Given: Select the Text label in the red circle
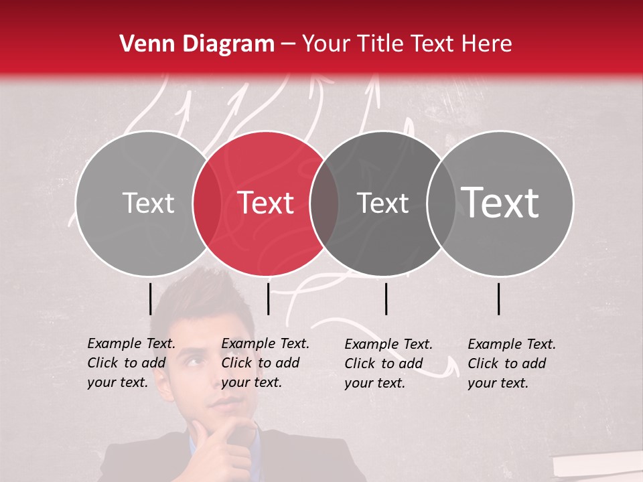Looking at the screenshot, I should coord(266,203).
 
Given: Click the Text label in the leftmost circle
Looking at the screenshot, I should coord(148,203).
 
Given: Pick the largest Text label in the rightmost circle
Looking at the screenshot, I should coord(500,202).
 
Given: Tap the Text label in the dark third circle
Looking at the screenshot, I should coord(382,203).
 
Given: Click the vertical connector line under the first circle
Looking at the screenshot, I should coord(150,299).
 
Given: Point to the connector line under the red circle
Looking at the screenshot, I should coord(268,299).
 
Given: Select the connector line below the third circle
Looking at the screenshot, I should coord(386,299).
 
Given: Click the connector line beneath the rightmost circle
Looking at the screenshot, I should coord(499,299).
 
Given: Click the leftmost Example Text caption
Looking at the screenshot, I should coord(131,363).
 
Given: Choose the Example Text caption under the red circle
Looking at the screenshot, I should coord(265,363).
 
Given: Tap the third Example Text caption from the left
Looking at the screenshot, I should coord(388,364).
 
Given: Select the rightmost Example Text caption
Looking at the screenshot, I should coord(511,364).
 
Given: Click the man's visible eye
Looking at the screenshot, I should coord(194,362).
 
